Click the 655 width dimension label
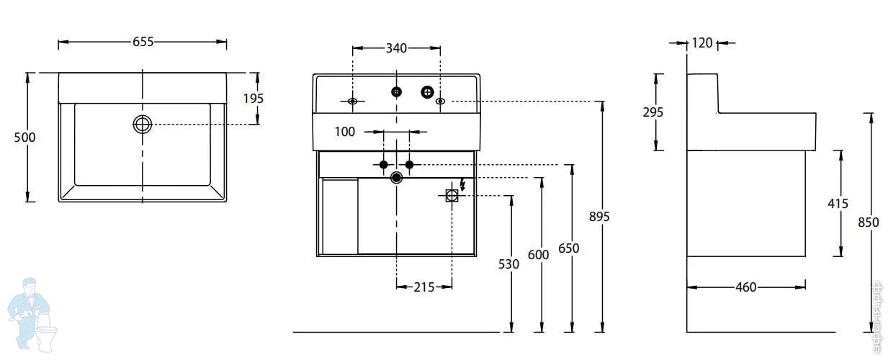(143, 42)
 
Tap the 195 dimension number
(253, 99)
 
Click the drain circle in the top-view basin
(143, 124)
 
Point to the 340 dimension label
(396, 48)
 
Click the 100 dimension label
(346, 132)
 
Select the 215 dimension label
(424, 287)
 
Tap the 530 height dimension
(508, 264)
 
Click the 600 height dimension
(538, 254)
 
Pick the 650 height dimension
(568, 248)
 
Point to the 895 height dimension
(599, 216)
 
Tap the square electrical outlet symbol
(452, 195)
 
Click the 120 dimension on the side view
(701, 42)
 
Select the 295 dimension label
(652, 112)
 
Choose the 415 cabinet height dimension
(838, 203)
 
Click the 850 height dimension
(868, 222)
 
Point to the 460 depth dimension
(745, 287)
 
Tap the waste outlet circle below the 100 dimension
(396, 176)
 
